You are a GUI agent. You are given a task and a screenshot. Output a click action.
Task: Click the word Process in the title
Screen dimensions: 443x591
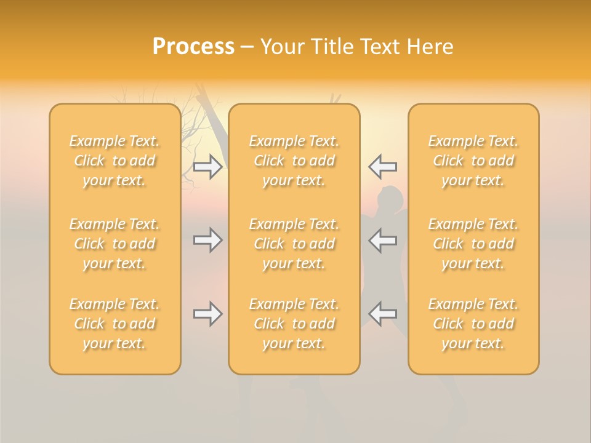point(193,47)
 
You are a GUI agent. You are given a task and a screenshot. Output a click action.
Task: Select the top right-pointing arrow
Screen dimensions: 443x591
point(207,166)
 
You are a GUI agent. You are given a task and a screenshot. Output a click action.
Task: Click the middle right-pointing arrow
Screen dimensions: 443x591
point(207,240)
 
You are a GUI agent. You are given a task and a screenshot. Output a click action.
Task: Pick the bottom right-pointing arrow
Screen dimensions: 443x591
point(207,314)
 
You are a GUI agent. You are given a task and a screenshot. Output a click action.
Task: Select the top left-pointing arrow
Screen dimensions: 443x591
point(383,166)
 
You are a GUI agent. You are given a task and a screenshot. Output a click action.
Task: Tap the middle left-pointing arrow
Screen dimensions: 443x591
point(383,240)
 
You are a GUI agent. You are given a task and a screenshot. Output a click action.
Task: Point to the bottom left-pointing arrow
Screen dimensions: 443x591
point(383,314)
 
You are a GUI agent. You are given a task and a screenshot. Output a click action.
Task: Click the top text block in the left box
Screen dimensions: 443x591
point(115,161)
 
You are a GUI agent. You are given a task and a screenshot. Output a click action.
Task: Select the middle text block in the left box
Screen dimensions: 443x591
point(115,244)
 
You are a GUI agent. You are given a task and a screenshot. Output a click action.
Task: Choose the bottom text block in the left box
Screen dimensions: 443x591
point(115,324)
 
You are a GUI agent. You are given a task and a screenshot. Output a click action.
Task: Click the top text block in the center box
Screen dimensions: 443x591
point(294,161)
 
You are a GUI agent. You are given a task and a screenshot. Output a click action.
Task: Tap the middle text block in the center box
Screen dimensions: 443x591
point(294,244)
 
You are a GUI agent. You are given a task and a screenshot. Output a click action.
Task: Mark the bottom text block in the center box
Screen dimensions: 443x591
point(294,324)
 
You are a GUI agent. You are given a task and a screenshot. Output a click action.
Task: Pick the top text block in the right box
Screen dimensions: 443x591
point(473,161)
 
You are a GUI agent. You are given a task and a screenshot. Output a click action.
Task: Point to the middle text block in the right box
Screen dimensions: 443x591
point(473,244)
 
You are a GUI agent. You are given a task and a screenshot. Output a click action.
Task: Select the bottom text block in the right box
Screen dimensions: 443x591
point(473,324)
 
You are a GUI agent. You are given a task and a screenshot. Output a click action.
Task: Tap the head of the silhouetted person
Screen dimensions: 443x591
point(391,198)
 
